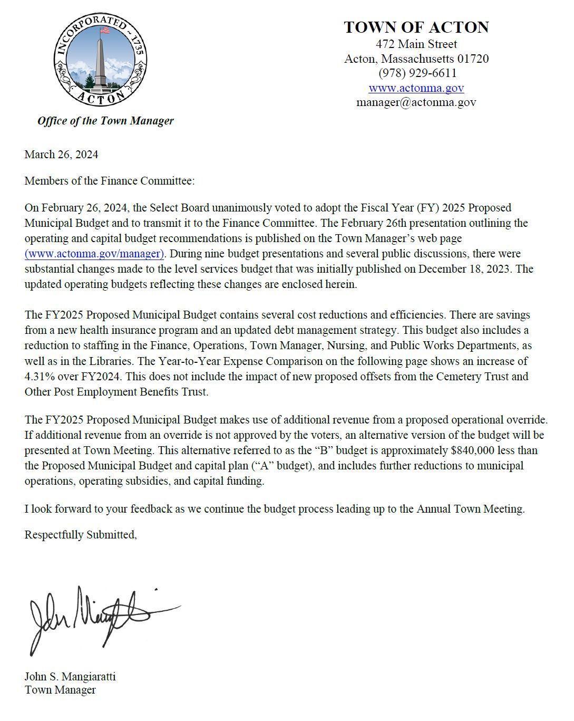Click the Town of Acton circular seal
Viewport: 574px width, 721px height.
(101, 59)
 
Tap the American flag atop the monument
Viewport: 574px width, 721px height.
(104, 30)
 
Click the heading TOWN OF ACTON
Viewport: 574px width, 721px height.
(416, 27)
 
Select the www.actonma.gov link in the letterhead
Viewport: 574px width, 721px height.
(416, 88)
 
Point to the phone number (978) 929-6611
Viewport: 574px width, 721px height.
(417, 73)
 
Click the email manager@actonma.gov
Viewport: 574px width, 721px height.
(416, 102)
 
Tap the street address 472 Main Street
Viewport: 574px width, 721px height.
(416, 44)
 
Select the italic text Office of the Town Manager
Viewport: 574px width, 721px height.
(105, 121)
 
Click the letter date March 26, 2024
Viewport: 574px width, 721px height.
(61, 154)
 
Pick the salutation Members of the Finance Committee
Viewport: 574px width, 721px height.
(110, 181)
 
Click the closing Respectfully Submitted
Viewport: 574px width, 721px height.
(81, 535)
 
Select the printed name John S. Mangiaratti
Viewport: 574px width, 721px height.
(70, 676)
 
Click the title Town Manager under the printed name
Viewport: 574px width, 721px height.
(60, 690)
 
